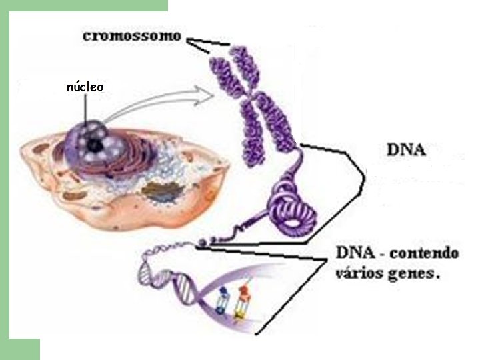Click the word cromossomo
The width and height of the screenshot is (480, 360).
131,36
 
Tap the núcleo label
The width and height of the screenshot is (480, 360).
85,87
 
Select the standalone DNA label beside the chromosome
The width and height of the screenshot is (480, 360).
406,149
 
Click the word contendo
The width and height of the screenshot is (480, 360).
424,254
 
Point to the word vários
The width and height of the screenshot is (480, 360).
357,273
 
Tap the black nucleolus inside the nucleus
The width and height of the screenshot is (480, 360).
96,143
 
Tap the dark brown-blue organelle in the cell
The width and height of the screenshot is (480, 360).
158,193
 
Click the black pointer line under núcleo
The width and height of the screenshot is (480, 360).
85,108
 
